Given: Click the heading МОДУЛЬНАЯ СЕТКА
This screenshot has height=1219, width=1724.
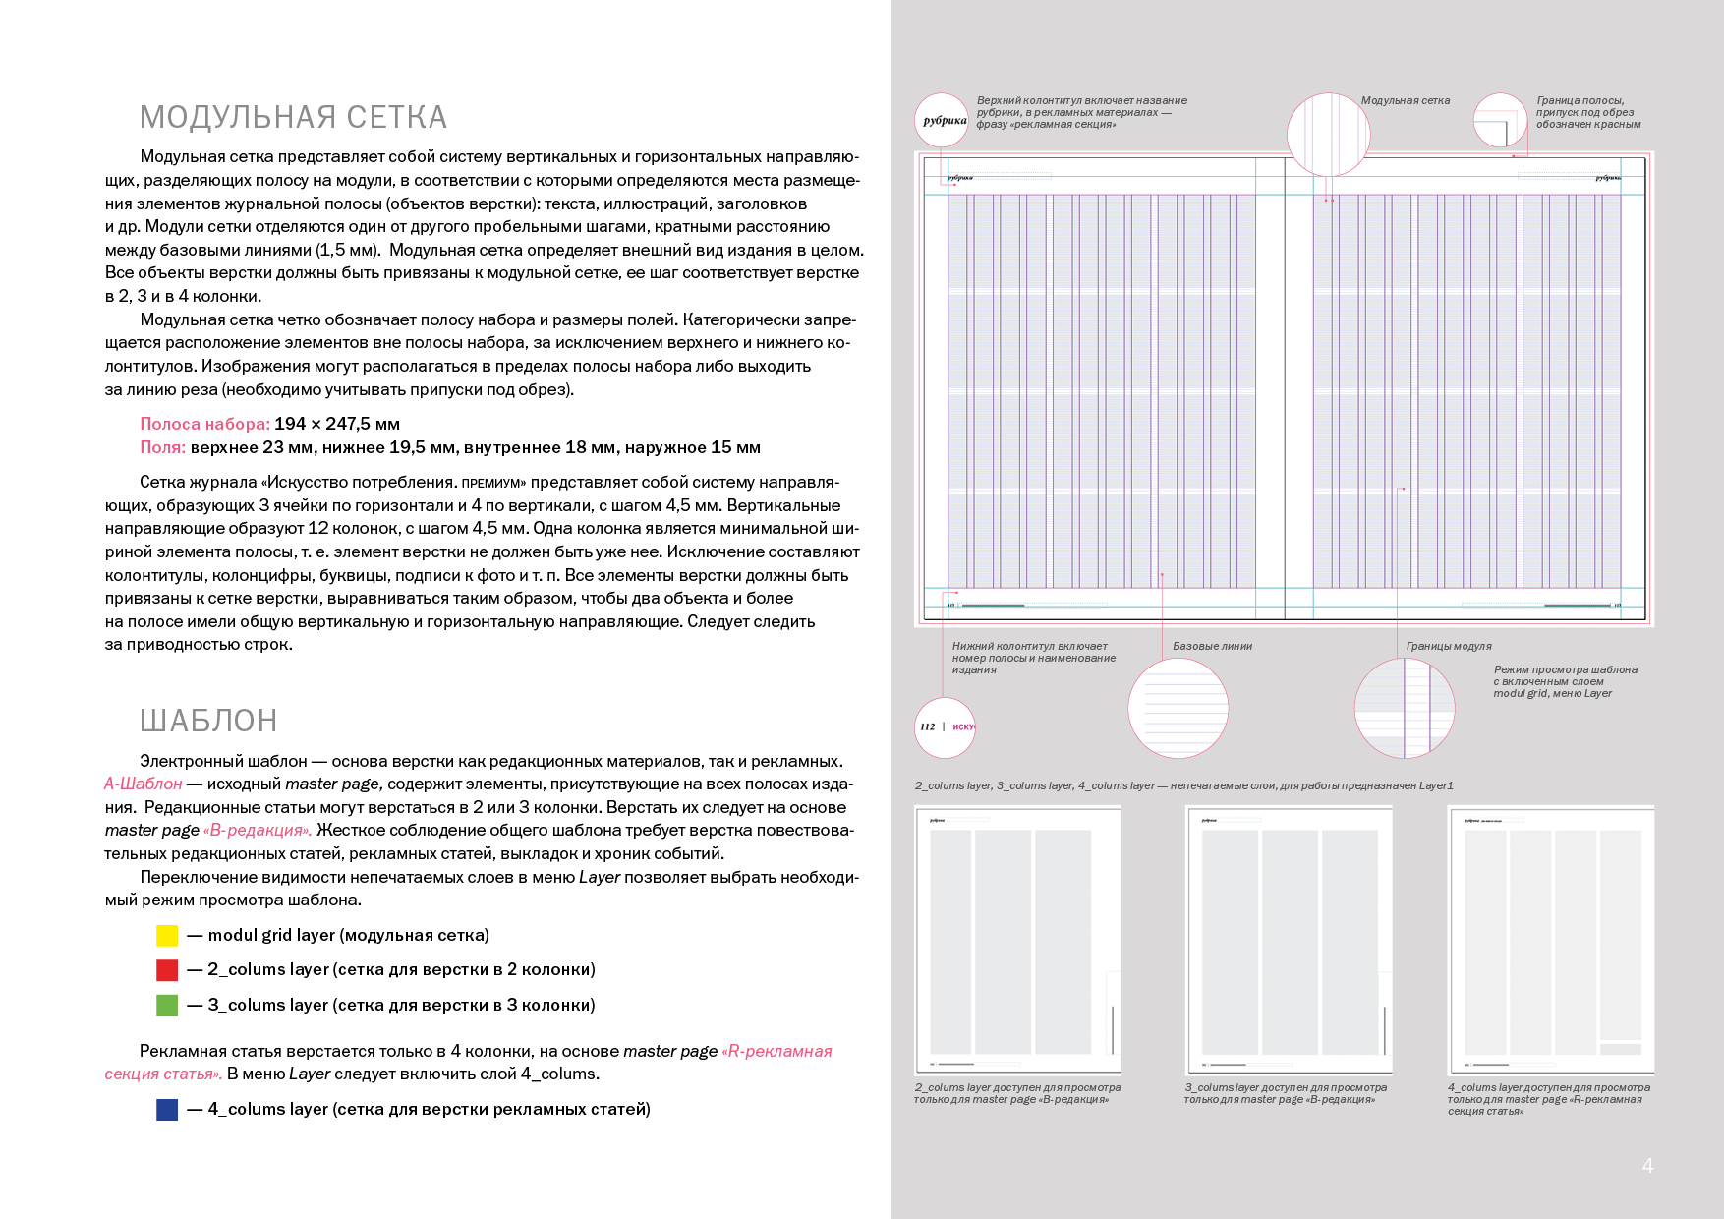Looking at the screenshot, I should pos(293,118).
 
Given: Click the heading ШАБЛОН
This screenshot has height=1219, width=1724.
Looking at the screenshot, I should pos(208,721).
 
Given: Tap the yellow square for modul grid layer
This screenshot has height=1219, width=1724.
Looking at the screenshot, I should pos(167,936).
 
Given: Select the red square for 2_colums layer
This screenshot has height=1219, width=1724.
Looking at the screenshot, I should pos(167,970).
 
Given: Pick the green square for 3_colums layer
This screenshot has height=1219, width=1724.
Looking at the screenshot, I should pos(167,1005).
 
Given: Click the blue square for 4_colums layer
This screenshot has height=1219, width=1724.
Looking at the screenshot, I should pos(167,1110).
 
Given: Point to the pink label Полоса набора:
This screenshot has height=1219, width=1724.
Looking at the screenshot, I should pos(204,424).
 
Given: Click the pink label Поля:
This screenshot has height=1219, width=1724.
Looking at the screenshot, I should pos(162,447).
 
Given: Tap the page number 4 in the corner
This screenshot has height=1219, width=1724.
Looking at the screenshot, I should pos(1647,1166).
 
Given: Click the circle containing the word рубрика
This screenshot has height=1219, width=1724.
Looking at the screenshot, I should pos(943,121).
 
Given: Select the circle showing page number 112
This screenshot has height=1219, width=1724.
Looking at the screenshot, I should pos(945,727).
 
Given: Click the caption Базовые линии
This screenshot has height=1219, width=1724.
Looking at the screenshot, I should pos(1212,647).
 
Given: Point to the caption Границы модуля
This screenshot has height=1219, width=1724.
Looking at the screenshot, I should pos(1448,647).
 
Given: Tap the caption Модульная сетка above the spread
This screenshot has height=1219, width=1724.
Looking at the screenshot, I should pos(1405,101).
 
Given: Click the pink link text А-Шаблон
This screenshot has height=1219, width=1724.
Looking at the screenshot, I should pos(144,784).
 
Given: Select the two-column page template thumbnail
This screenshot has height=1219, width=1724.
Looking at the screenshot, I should pos(1017,940).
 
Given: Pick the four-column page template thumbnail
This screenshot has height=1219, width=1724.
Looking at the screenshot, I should pos(1551,940).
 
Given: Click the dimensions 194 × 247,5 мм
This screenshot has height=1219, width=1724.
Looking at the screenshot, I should pos(337,424).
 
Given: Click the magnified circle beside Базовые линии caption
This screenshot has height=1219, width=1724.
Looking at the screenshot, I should pos(1178,708).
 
